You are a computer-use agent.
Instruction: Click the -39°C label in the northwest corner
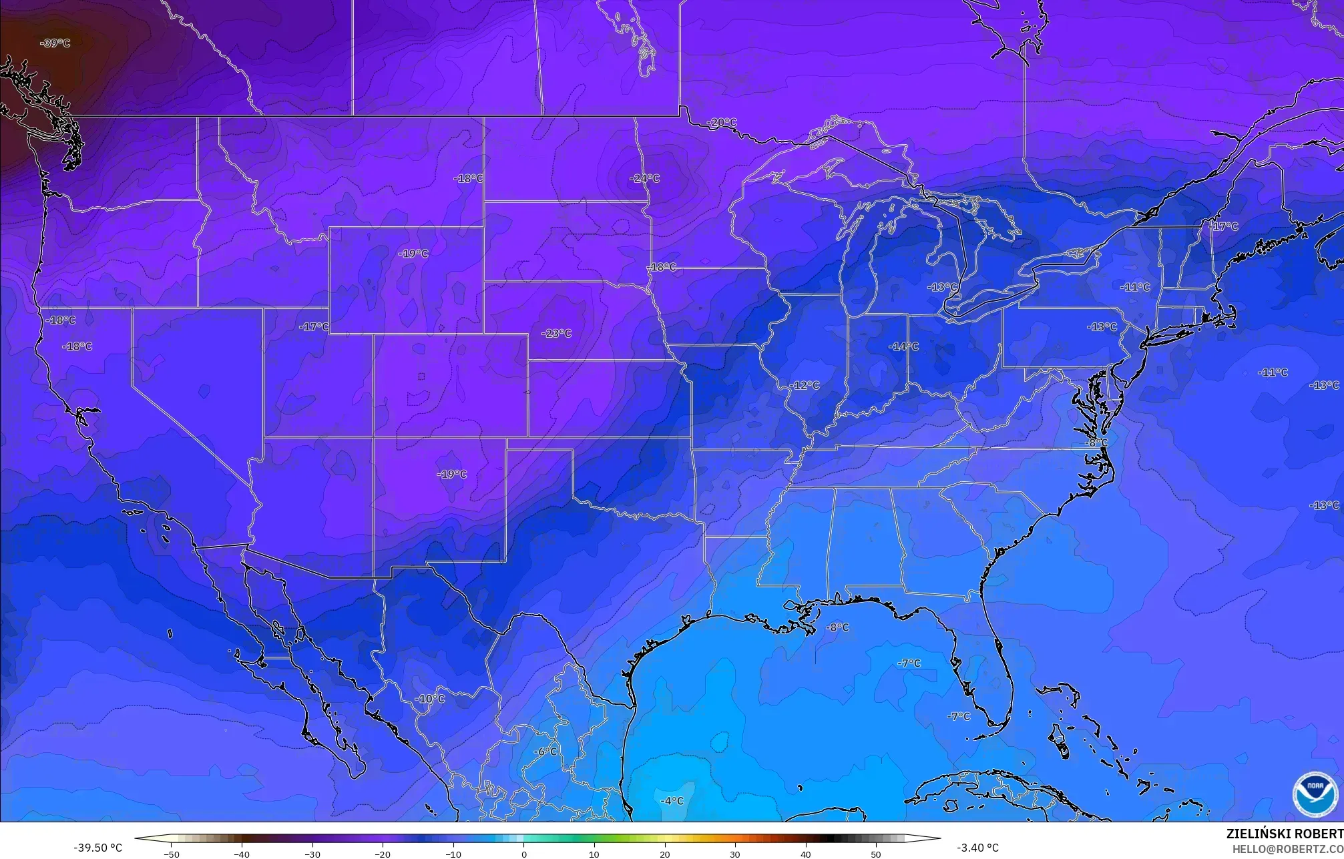(55, 43)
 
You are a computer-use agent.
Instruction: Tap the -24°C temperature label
(644, 178)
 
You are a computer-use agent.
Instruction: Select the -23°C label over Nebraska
(556, 333)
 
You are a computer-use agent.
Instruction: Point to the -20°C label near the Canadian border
(722, 122)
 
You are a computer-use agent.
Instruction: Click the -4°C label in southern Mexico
(671, 800)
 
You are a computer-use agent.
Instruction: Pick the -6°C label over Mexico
(545, 751)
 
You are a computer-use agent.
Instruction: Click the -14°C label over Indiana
(903, 346)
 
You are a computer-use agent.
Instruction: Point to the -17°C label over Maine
(1223, 226)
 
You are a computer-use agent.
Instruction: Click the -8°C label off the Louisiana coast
(837, 627)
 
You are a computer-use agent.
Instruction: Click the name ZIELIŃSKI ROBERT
(1285, 834)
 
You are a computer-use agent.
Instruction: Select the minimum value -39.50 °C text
(97, 848)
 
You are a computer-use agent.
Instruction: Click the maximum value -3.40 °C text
(977, 848)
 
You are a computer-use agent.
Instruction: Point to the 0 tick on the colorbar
(523, 854)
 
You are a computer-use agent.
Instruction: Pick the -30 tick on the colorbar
(312, 854)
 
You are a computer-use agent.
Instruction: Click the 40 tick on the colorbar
(805, 854)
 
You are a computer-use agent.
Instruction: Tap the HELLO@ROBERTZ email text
(1287, 849)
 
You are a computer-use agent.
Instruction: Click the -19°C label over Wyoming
(413, 254)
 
